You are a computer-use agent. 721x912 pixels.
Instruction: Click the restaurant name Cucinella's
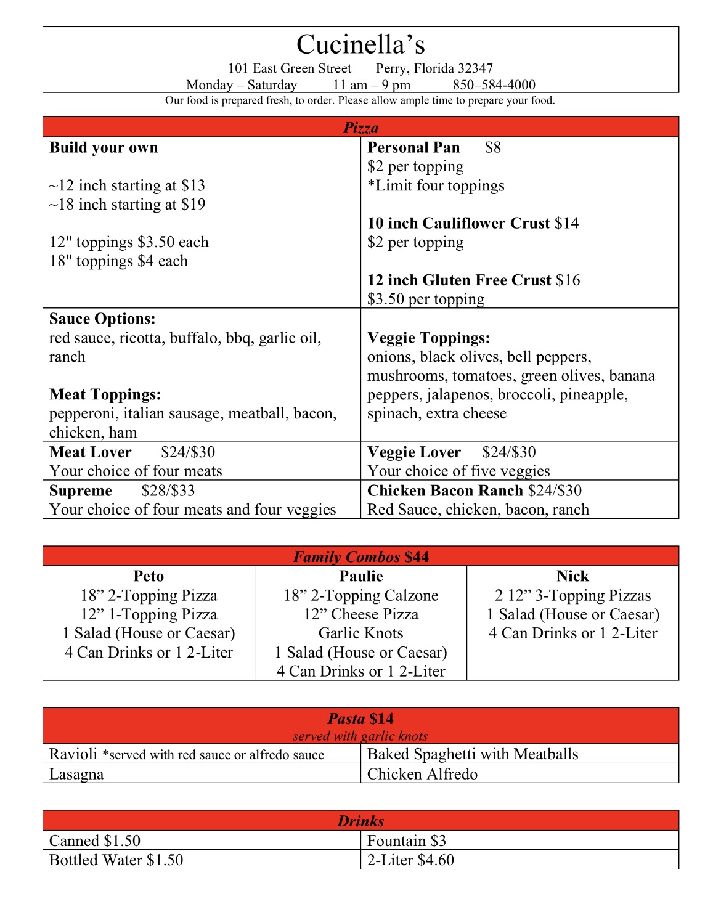point(360,44)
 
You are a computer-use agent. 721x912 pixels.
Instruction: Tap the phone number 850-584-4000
point(494,85)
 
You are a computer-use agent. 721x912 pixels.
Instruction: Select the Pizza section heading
point(360,128)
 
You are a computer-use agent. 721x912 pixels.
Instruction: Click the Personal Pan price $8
point(493,148)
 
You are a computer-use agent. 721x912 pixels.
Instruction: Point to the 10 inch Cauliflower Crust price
point(567,223)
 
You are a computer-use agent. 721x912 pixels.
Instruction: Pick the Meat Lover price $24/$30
point(188,452)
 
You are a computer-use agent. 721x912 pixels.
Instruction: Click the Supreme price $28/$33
point(168,491)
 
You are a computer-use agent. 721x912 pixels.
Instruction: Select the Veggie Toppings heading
point(429,338)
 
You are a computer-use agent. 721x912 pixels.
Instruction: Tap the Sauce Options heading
point(102,319)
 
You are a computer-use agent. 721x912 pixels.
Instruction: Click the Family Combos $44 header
point(360,556)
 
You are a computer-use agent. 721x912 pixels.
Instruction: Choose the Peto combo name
point(149,576)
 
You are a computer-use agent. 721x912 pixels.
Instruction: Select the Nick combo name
point(572,576)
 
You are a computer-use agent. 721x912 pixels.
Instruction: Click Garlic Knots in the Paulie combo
point(360,633)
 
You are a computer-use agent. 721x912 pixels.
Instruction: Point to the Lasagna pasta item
point(76,774)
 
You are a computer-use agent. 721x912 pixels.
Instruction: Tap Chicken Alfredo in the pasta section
point(422,774)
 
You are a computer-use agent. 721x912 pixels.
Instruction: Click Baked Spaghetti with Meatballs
point(473,754)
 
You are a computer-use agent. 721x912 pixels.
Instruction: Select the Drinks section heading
point(360,821)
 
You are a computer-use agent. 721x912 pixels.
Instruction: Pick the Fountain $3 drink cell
point(407,841)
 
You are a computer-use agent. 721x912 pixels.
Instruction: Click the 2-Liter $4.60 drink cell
point(410,860)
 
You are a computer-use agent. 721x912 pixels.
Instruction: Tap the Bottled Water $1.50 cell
point(116,860)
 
